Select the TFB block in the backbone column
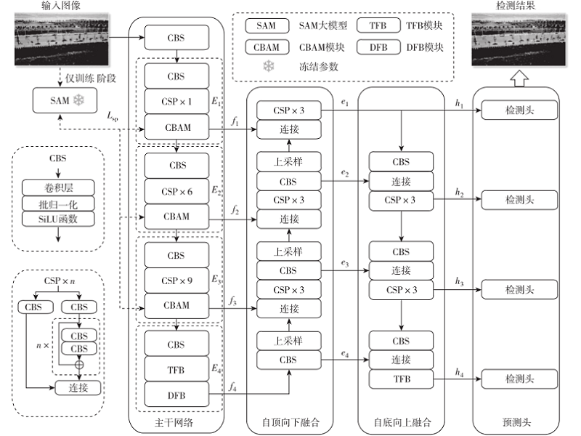point(177,369)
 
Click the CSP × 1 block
point(177,102)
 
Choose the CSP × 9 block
point(177,280)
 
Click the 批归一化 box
point(58,203)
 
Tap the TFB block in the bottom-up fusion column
point(401,379)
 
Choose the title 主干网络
point(177,423)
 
